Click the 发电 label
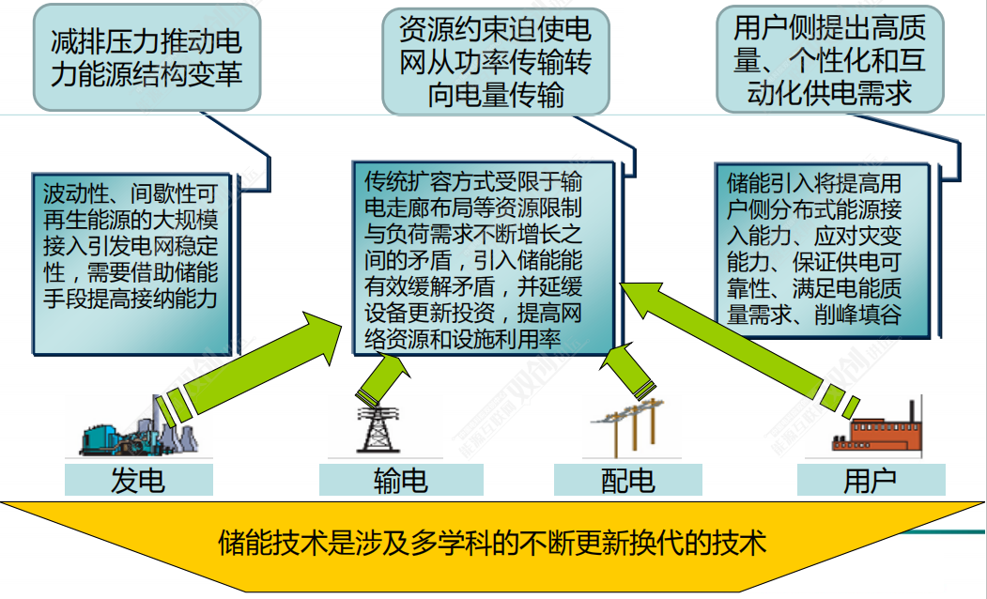[138, 481]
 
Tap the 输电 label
[401, 481]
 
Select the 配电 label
[627, 481]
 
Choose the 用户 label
[871, 481]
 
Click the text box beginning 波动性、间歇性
[131, 247]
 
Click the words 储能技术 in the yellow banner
[264, 542]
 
